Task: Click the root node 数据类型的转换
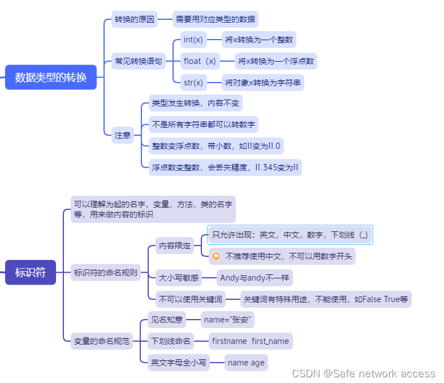point(51,78)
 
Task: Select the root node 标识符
point(31,272)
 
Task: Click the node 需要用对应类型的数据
point(215,19)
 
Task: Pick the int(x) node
point(193,40)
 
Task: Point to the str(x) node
point(193,83)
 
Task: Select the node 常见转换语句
point(138,61)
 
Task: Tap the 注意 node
point(122,135)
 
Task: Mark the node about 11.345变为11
point(225,167)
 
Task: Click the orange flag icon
point(216,256)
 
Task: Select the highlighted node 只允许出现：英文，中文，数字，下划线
point(290,234)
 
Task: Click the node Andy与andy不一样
point(255,278)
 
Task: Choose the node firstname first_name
point(250,341)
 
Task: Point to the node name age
point(245,363)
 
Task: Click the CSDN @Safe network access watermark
point(363,373)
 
